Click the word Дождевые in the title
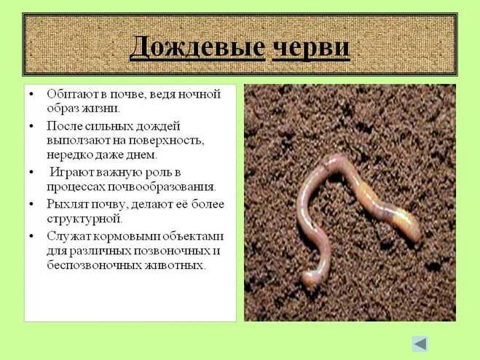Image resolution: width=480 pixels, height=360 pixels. (x=197, y=48)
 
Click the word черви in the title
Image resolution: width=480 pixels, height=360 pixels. (x=311, y=48)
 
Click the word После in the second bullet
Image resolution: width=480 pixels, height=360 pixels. (x=64, y=126)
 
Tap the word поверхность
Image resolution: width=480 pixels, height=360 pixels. (x=166, y=141)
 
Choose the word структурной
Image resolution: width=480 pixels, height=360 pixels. (x=84, y=219)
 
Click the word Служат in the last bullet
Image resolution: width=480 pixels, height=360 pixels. (x=68, y=237)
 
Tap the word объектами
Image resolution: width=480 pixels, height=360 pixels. (x=193, y=237)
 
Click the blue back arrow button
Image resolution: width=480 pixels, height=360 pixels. (x=420, y=344)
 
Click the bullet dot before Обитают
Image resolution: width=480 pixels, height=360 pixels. (x=31, y=94)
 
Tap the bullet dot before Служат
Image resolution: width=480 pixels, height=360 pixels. (x=31, y=236)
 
